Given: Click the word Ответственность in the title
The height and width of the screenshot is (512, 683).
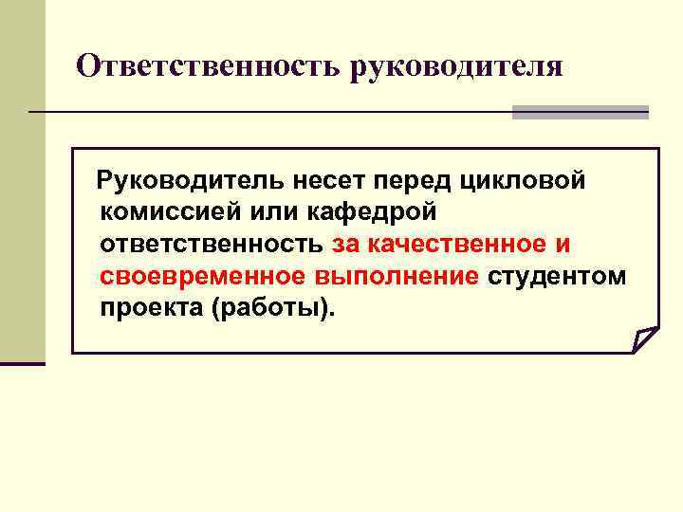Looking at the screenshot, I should (x=210, y=66).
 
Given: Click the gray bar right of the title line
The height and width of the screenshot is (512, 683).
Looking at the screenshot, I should (x=581, y=112).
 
